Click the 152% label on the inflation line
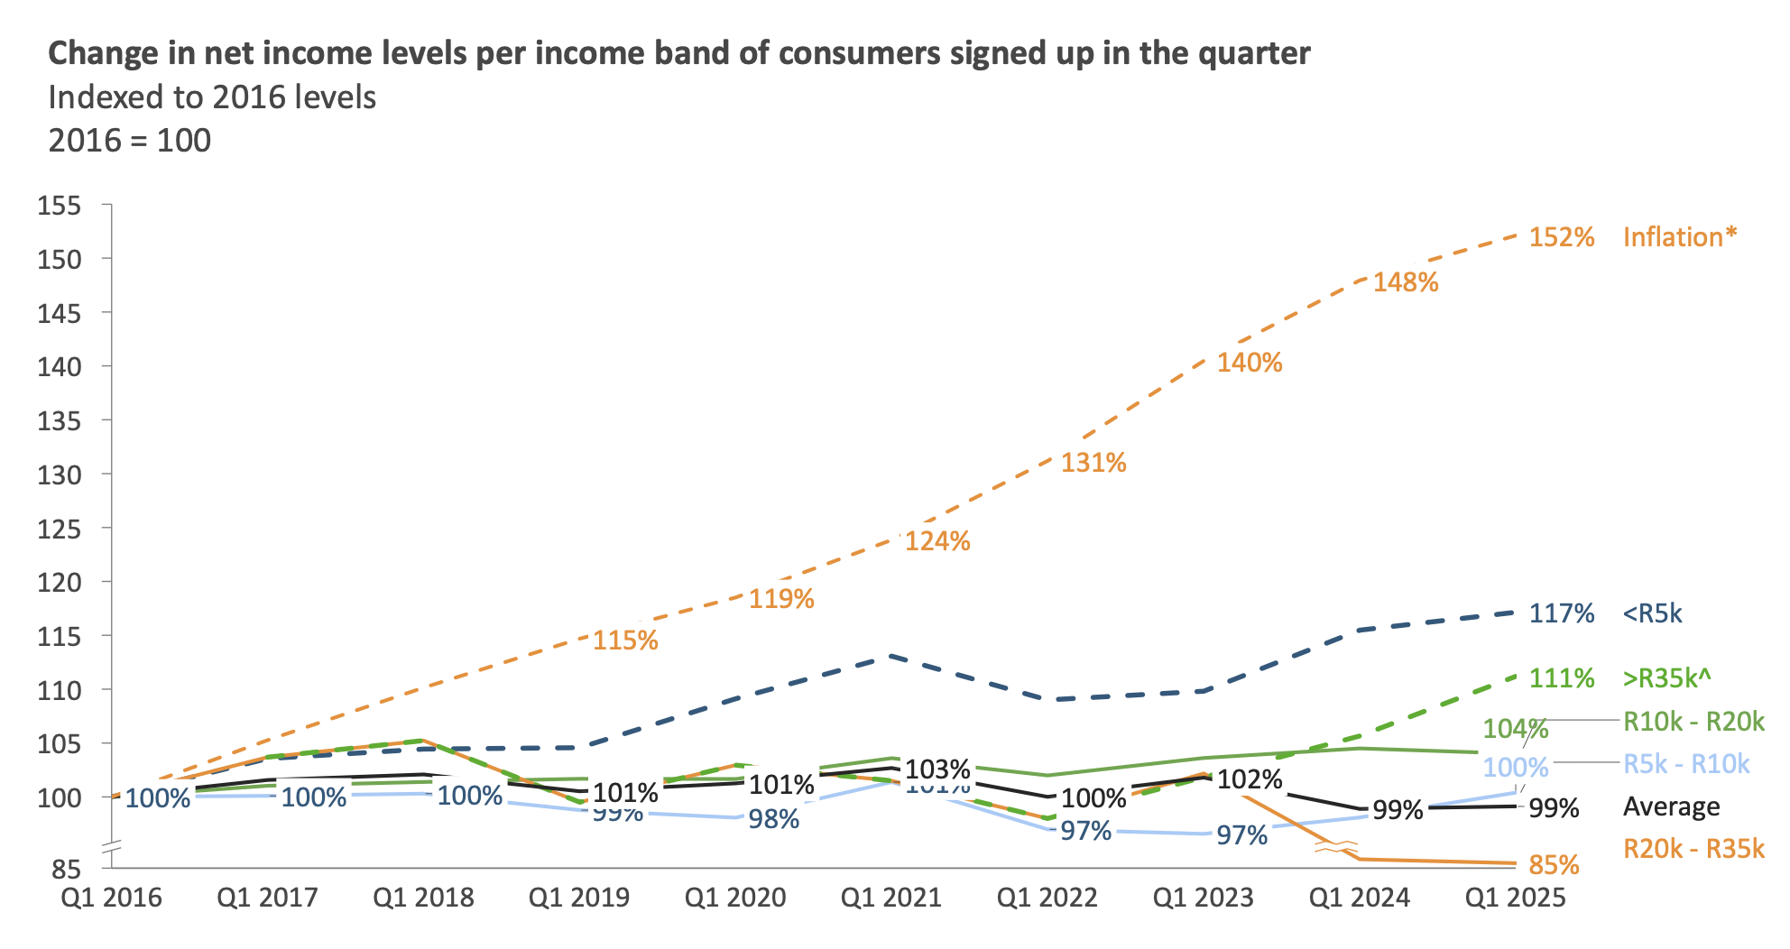[x=1562, y=237]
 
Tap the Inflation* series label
[x=1679, y=237]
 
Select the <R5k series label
[x=1653, y=614]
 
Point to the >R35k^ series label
[x=1667, y=677]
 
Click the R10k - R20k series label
[x=1693, y=721]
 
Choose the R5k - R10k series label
[x=1686, y=764]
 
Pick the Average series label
[x=1671, y=807]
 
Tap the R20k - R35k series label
[x=1693, y=849]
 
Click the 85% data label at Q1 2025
[x=1554, y=866]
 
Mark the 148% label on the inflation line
[x=1406, y=283]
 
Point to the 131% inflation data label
[x=1093, y=464]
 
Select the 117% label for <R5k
[x=1562, y=614]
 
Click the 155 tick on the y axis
[x=60, y=206]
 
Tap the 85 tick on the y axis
[x=66, y=870]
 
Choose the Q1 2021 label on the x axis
[x=891, y=898]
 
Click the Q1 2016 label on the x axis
[x=112, y=898]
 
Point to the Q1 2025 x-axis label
[x=1516, y=898]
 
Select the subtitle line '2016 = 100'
[x=130, y=142]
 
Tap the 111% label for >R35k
[x=1562, y=678]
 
